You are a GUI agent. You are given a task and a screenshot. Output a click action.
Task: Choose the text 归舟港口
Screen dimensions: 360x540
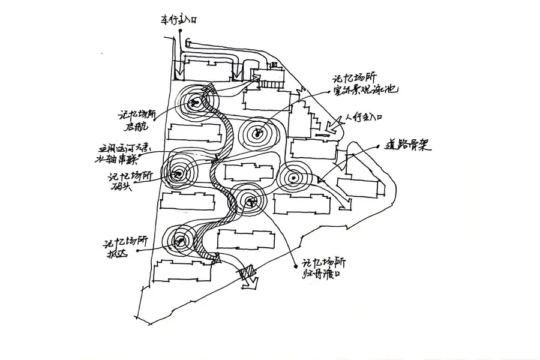(323, 275)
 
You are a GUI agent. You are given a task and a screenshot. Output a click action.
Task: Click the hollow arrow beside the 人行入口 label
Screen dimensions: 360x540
(331, 128)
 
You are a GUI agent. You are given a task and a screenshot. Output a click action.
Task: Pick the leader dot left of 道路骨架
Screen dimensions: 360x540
(375, 146)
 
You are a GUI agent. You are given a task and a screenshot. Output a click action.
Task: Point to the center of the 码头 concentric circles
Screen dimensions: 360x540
(178, 175)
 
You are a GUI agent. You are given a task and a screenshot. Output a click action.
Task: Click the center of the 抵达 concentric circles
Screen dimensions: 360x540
(178, 242)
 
